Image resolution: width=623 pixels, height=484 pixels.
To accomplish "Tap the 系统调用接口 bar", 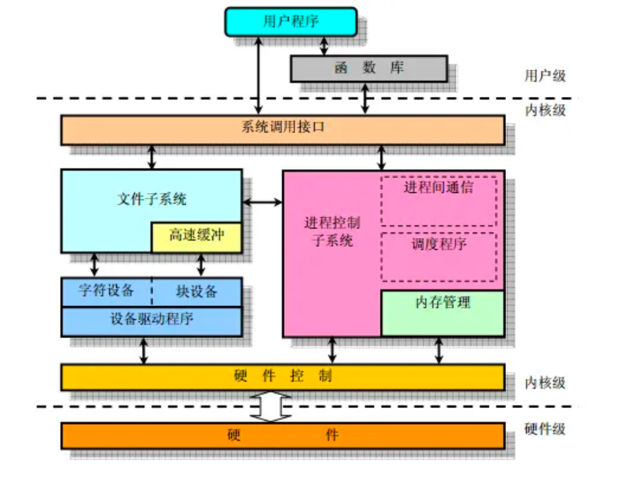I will tap(283, 129).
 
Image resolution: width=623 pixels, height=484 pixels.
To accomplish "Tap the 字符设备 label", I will tap(107, 290).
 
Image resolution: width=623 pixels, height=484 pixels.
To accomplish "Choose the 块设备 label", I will tap(196, 290).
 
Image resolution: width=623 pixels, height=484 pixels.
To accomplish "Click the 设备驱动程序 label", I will tap(152, 319).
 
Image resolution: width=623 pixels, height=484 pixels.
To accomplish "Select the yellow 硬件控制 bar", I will tap(283, 377).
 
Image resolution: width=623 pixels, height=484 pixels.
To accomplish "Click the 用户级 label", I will tap(545, 76).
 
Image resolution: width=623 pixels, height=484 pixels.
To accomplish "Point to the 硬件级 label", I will tap(545, 429).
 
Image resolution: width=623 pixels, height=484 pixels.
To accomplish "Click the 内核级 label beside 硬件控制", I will tap(545, 382).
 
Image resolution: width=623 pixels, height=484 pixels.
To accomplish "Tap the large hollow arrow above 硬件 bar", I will tap(272, 406).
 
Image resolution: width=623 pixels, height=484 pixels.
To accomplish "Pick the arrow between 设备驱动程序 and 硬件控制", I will tap(144, 350).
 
